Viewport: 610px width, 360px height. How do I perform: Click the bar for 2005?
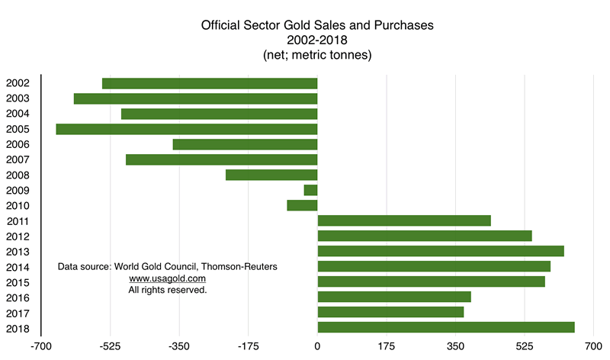187,129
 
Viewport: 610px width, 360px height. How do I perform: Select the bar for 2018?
445,328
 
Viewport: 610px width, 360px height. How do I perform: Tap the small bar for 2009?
310,190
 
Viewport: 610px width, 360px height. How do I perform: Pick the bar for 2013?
440,251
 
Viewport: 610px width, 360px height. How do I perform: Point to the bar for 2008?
271,175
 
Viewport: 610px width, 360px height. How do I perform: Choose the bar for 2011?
403,220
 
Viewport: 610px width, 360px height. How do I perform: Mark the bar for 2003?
195,98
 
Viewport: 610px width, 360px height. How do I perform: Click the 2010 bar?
302,205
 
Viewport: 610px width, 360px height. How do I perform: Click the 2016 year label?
18,297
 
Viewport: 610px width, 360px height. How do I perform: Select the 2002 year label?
18,83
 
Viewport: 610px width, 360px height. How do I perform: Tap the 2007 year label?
18,160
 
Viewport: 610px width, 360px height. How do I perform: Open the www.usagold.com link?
168,278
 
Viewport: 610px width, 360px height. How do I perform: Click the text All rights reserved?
168,290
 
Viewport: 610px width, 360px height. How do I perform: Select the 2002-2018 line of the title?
317,39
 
